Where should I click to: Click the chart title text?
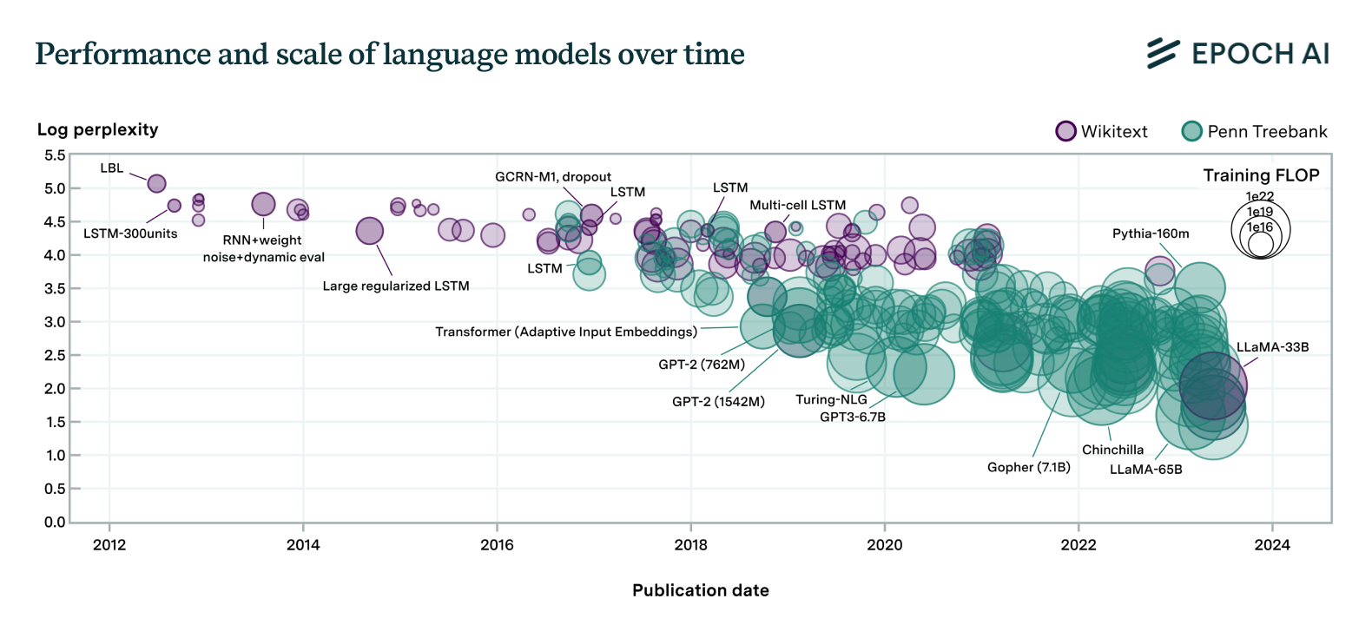tap(390, 54)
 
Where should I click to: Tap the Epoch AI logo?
tap(1238, 54)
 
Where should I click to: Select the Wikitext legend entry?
tap(1102, 131)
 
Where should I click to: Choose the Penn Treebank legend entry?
tap(1255, 131)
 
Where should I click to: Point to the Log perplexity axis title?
tap(98, 129)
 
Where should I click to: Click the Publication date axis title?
tap(700, 590)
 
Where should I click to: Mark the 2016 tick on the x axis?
tap(497, 545)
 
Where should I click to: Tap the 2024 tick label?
tap(1272, 545)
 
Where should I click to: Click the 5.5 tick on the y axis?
tap(55, 155)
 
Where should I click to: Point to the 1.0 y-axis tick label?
tap(55, 456)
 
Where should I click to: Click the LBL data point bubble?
tap(156, 183)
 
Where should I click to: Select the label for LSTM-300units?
tap(130, 233)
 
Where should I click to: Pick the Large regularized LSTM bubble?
tap(370, 231)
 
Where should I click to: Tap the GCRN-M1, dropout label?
tap(553, 177)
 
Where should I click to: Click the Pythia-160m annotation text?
tap(1151, 233)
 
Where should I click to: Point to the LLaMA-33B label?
tap(1272, 347)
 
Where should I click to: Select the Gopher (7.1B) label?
tap(1029, 467)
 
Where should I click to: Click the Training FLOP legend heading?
tap(1261, 175)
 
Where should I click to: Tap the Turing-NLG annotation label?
tap(831, 399)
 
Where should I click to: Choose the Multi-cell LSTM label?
tap(797, 206)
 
